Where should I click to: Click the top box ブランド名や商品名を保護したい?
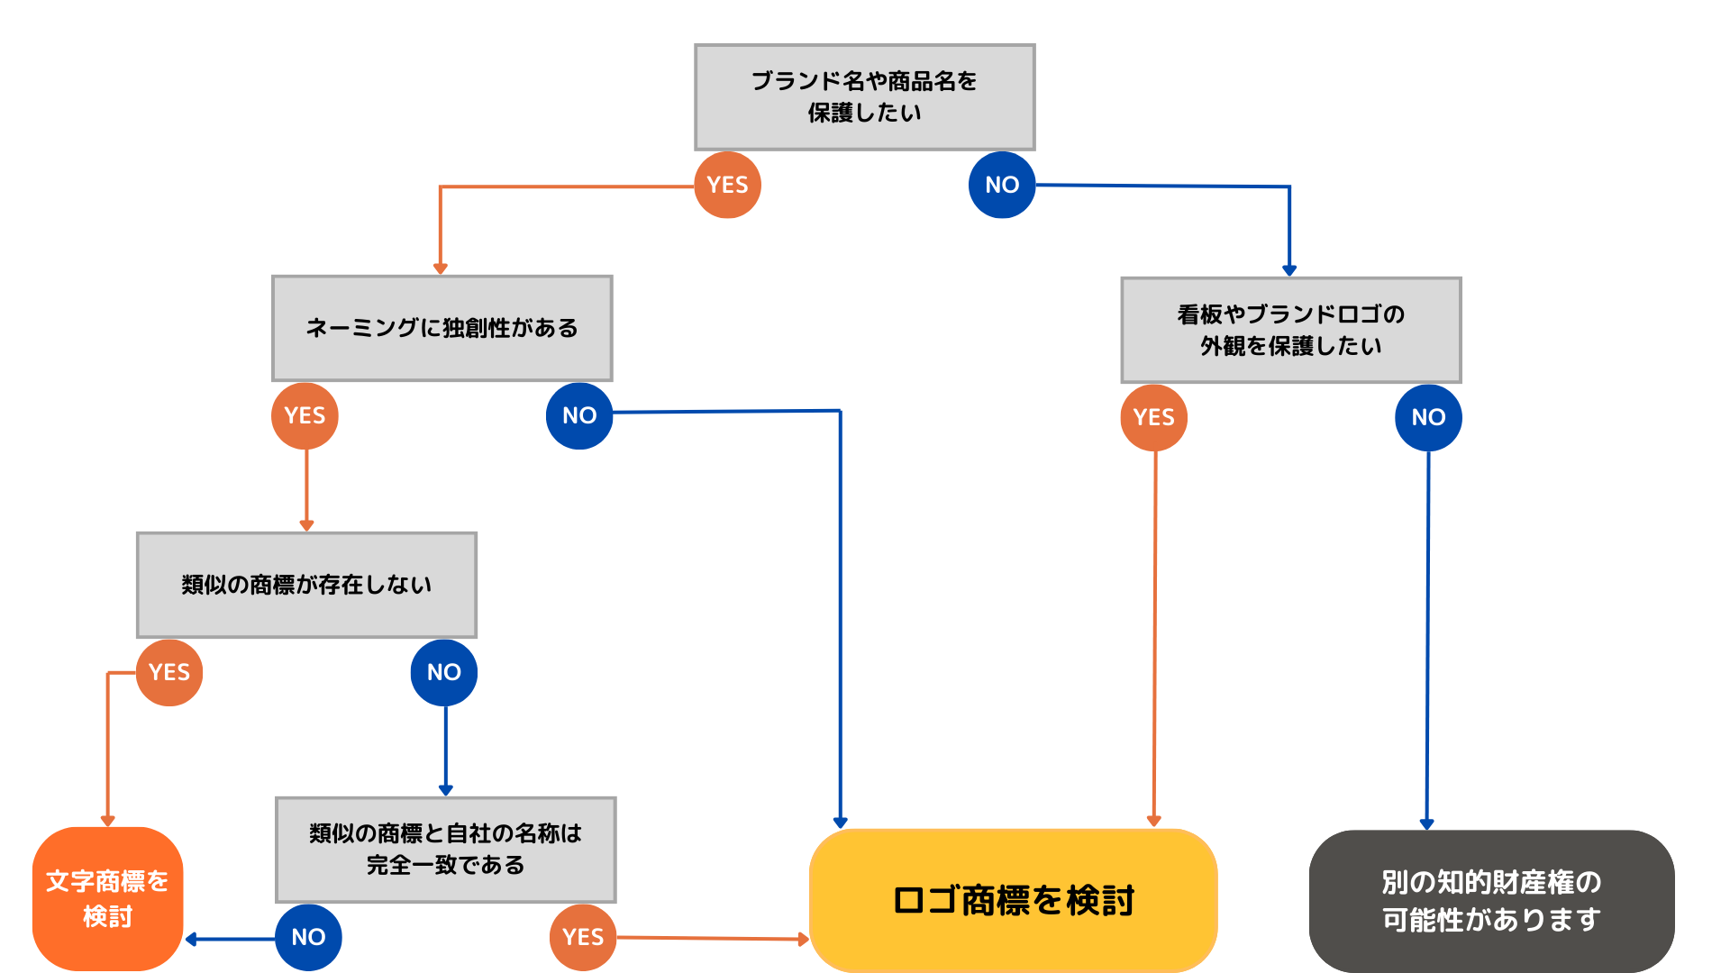click(864, 97)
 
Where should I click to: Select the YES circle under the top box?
click(727, 185)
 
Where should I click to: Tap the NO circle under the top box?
click(1001, 185)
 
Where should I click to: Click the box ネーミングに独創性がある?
click(442, 328)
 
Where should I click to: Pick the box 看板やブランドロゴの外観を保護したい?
click(1290, 330)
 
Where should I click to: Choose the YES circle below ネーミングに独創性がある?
click(305, 415)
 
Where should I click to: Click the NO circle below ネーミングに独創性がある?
click(579, 415)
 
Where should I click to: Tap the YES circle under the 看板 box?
click(1153, 417)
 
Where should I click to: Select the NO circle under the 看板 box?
click(1428, 417)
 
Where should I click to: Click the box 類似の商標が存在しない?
click(306, 585)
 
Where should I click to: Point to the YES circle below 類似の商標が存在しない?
click(169, 672)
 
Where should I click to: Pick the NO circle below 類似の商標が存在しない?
click(443, 672)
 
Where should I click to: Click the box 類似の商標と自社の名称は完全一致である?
click(445, 849)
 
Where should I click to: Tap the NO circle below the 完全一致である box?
click(308, 937)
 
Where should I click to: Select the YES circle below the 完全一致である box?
click(583, 937)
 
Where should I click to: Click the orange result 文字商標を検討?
click(107, 898)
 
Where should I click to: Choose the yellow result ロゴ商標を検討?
click(1013, 900)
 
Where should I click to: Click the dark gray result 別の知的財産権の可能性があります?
click(1491, 900)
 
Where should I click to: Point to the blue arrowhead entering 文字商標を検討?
click(191, 939)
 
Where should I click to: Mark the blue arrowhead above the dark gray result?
click(1426, 823)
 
